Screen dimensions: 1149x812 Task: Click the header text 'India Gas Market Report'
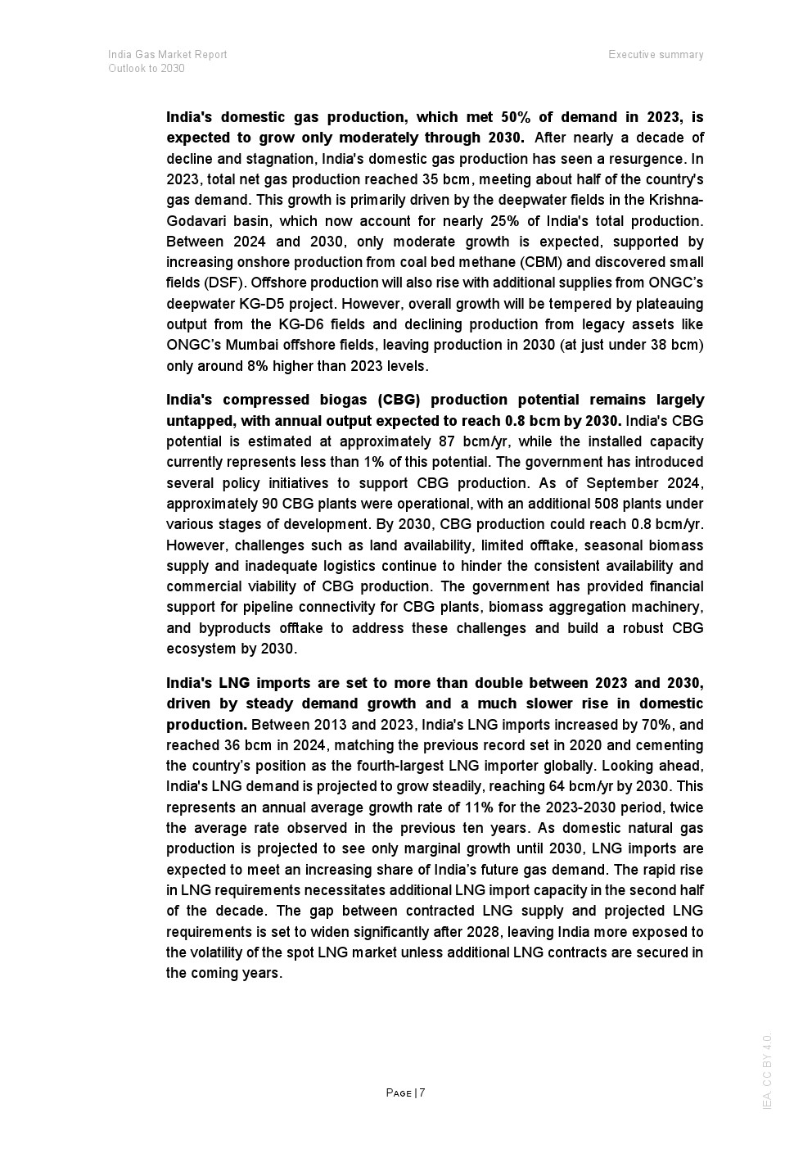pos(167,54)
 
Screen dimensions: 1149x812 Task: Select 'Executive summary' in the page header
pos(656,54)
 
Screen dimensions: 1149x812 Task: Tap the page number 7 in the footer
pos(422,1092)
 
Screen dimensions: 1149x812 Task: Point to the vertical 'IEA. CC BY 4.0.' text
pos(767,1071)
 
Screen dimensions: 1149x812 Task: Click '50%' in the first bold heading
pos(514,117)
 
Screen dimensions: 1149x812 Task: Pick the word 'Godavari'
pos(193,221)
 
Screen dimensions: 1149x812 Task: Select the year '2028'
pos(485,932)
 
